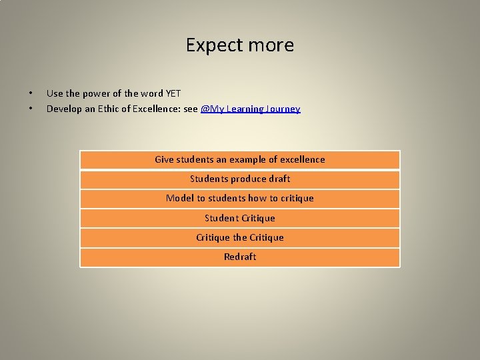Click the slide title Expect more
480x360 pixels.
point(240,45)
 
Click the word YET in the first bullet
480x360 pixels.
point(173,94)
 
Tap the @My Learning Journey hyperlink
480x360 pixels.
point(251,109)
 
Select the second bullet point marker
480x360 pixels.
point(31,109)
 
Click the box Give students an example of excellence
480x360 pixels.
point(240,160)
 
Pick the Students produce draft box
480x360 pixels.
point(240,179)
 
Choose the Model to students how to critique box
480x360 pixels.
point(240,199)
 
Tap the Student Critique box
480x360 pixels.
point(240,218)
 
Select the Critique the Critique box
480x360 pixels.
point(240,237)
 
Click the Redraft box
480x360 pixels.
point(240,257)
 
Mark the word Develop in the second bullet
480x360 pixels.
point(65,109)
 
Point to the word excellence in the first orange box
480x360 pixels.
point(303,160)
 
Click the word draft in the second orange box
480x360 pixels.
point(279,179)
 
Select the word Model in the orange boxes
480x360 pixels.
point(179,199)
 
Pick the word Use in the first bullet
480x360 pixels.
point(55,94)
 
